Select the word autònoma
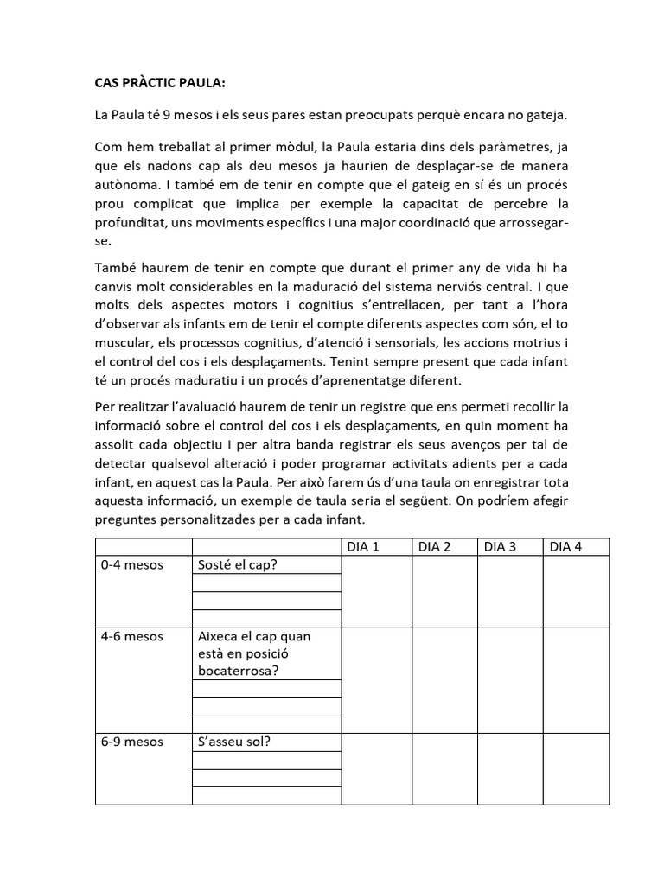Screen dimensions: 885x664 126,185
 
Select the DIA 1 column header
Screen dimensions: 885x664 363,546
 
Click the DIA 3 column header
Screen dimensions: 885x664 501,546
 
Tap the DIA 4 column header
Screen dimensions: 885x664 566,546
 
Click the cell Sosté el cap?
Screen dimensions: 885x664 242,565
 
